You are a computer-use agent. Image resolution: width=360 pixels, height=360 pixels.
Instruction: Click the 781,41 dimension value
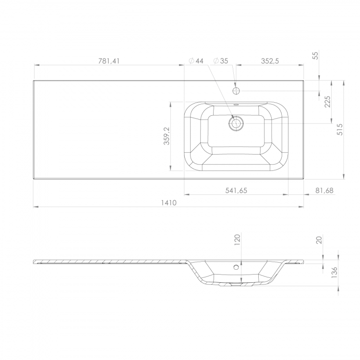point(109,61)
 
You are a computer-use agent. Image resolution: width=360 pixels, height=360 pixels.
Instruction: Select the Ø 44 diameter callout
point(196,61)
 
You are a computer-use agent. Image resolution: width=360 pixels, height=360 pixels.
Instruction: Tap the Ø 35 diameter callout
point(221,61)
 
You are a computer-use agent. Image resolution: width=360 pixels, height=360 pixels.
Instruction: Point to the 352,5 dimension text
point(270,61)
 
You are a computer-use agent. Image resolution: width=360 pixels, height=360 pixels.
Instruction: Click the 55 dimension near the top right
point(316,56)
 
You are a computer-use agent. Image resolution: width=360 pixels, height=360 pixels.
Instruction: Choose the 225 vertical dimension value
point(327,101)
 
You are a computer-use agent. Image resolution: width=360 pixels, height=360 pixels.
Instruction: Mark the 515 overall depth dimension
point(340,129)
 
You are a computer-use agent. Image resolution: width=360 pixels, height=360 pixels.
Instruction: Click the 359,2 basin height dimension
point(167,136)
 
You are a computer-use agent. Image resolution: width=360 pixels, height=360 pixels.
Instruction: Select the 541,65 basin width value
point(236,191)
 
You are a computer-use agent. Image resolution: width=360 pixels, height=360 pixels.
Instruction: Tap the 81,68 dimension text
point(324,191)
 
